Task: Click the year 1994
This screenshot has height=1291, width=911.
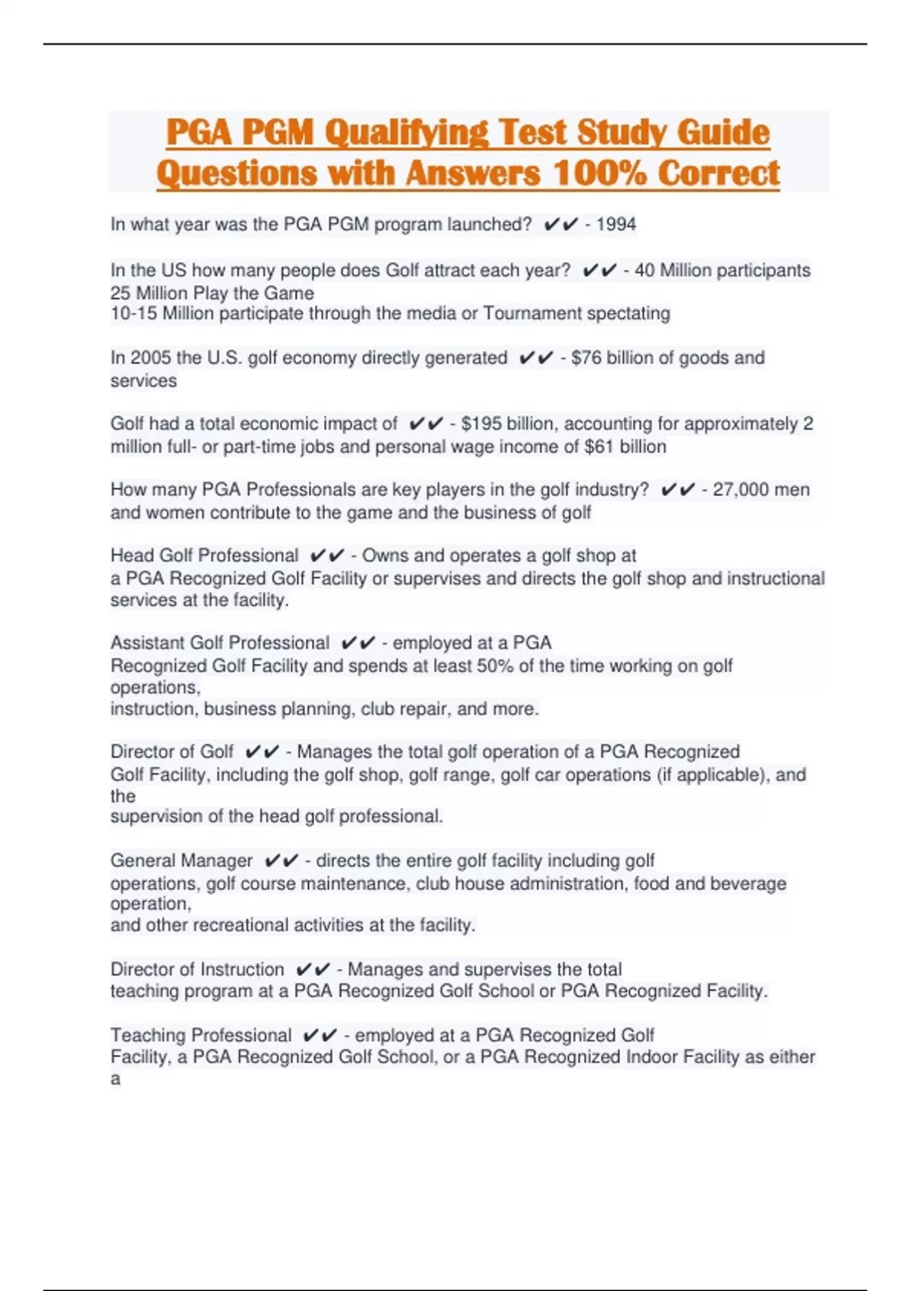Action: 616,224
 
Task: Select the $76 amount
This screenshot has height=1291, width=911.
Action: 586,358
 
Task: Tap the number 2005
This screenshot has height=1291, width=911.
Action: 150,358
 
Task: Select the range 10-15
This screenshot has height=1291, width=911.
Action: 134,314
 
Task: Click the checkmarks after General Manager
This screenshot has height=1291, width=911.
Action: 281,861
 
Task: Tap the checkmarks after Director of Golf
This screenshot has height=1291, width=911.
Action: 262,752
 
